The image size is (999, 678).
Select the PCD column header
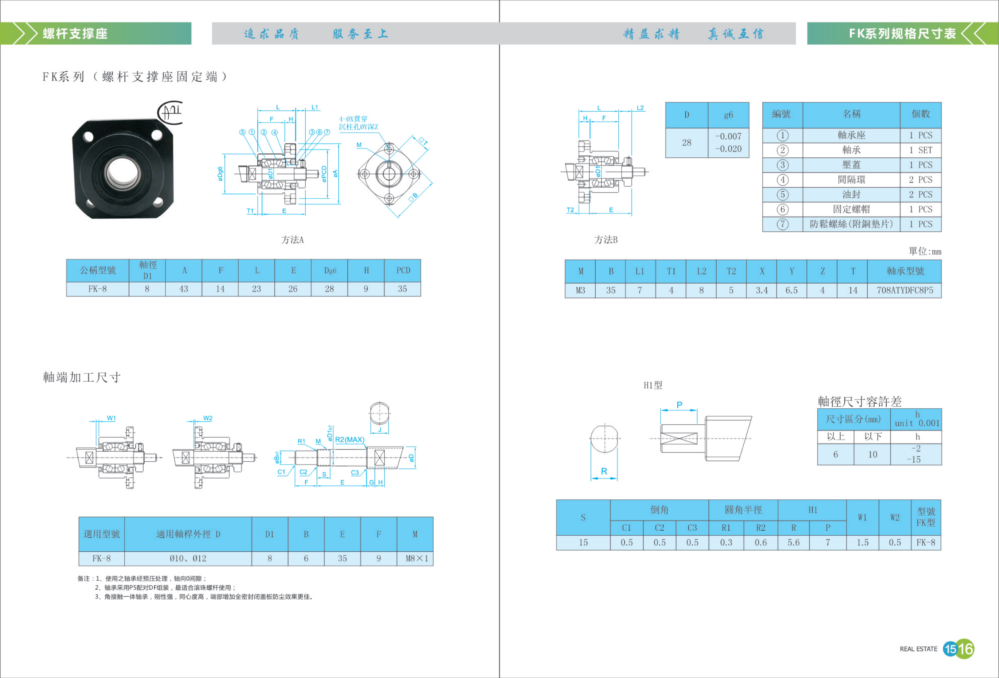(403, 270)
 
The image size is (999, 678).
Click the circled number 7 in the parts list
(782, 224)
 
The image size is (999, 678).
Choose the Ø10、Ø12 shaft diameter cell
(188, 558)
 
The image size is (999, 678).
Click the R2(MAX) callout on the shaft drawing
(350, 439)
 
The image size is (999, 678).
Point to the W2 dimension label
(208, 418)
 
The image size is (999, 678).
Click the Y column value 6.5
(791, 290)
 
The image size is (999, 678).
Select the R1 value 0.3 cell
(726, 543)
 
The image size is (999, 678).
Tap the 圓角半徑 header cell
(743, 510)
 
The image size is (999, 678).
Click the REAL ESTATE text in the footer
(919, 649)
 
